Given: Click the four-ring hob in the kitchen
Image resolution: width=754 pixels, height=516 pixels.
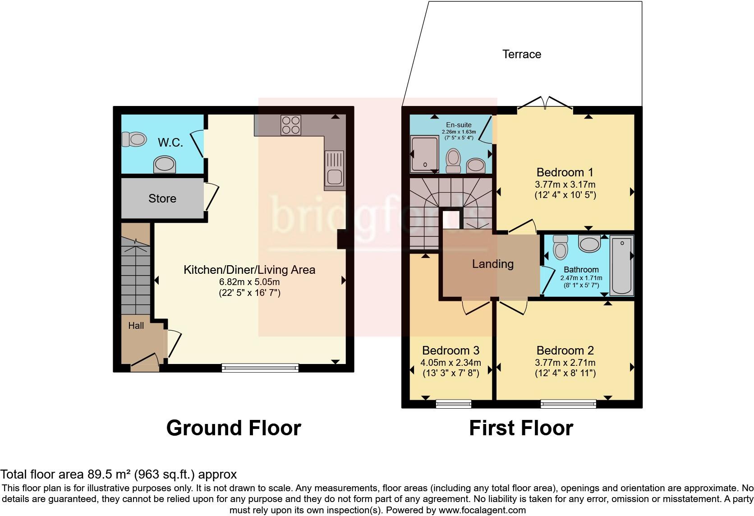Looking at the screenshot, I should coord(291,125).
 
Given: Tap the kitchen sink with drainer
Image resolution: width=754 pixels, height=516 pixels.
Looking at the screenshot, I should coord(334,169).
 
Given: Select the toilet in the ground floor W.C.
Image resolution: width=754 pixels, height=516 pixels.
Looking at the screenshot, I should coord(134,139).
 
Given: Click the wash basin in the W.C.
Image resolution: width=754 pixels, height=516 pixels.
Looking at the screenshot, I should coord(165,165).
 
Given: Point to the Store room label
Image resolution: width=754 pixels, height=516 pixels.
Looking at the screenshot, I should coord(162,198).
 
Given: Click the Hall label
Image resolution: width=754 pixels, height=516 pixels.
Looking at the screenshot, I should coord(136,326).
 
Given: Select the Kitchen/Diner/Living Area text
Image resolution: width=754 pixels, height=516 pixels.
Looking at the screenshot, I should coord(249,270).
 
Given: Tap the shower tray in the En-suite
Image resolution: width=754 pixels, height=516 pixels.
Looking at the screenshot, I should coord(424,154).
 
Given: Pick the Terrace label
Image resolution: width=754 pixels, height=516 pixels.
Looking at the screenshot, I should coord(522,54).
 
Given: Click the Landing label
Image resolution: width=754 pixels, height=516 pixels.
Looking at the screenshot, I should coord(492,264).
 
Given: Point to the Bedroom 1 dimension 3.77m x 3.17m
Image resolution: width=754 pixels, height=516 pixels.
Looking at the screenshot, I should coord(565,184).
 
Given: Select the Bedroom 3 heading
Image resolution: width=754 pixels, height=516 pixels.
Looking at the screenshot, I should coord(451,350).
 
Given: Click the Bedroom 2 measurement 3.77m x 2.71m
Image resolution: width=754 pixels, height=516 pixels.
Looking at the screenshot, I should coord(565,363).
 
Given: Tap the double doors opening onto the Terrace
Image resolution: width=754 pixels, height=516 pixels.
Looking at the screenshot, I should coord(545,104).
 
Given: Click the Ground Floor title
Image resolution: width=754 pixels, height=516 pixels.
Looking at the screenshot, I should coord(234,428).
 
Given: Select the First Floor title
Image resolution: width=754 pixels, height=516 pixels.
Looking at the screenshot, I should coord(521,428).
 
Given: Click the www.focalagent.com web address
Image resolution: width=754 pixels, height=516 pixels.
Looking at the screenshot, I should coord(482,510).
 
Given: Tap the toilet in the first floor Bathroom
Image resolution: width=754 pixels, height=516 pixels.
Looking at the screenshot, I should coord(560,247).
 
